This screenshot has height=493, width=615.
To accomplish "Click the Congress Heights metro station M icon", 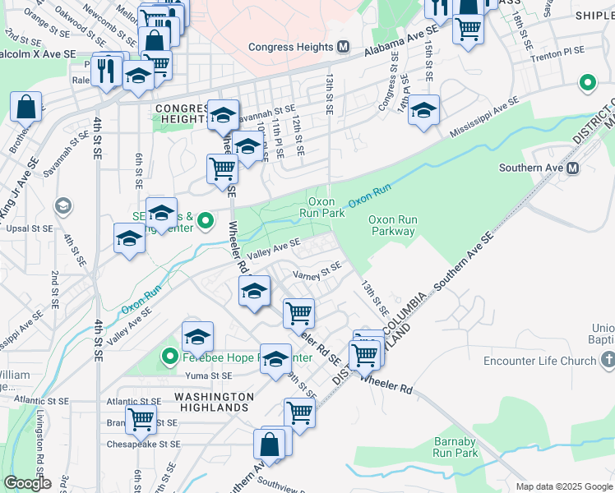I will tap(343, 47).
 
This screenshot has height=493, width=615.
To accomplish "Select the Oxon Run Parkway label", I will tap(391, 225).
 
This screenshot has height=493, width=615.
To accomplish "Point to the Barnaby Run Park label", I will tap(455, 447).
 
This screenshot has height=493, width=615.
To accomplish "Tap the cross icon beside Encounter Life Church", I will tap(608, 361).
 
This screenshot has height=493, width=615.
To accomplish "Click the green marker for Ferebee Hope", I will tap(170, 357).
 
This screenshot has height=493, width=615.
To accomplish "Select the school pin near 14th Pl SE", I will tap(423, 111).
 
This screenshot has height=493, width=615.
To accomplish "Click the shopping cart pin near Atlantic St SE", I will tap(141, 418).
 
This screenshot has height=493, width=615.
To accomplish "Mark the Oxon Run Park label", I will tap(326, 206).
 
